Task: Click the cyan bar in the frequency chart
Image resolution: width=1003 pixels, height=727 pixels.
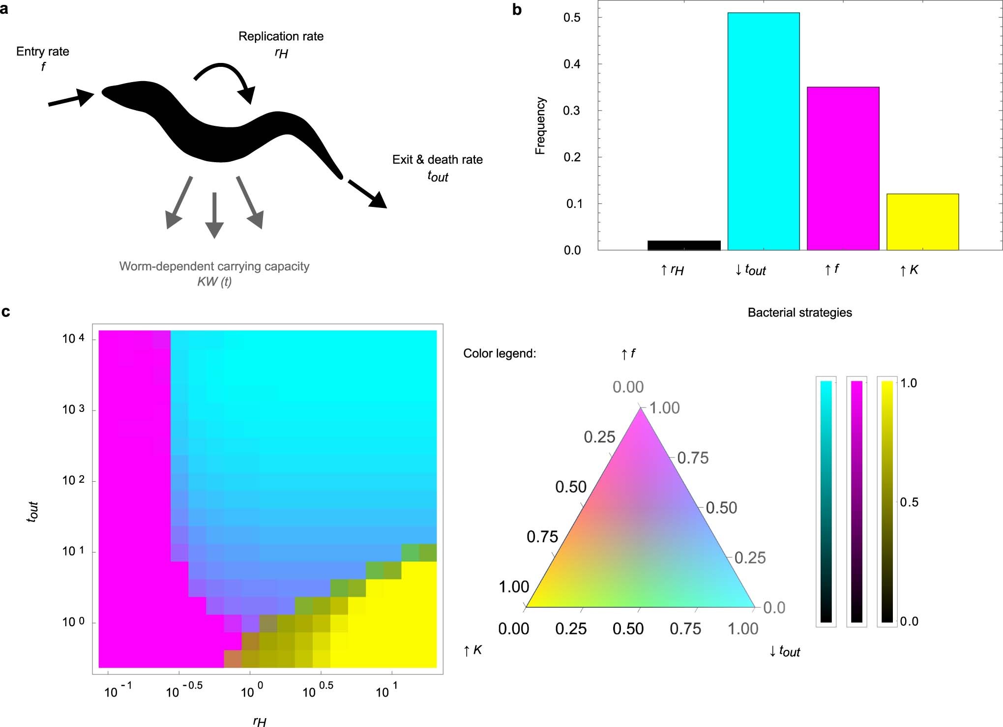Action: [x=763, y=131]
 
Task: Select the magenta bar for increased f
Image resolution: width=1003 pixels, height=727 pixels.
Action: [x=843, y=169]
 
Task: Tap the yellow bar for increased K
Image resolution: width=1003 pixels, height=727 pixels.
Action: [x=922, y=222]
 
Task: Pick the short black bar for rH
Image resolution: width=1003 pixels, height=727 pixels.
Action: [x=684, y=245]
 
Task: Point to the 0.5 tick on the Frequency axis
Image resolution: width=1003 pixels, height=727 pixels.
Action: [x=572, y=18]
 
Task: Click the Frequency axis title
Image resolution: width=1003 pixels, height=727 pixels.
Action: [x=540, y=126]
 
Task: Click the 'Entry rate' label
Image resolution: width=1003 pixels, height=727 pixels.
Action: [x=43, y=52]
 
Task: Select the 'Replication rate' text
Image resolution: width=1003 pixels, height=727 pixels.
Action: [x=281, y=36]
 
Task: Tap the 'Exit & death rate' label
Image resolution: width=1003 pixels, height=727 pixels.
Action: [x=437, y=160]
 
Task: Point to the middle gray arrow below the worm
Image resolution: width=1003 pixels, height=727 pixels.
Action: [x=214, y=215]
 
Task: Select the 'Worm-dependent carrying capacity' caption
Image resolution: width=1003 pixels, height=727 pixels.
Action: [x=214, y=266]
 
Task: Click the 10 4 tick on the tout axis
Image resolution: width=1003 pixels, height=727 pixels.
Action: [x=73, y=339]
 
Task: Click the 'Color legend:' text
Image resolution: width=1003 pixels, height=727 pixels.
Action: [x=499, y=354]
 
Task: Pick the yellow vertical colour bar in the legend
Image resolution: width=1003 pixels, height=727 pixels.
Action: [x=887, y=501]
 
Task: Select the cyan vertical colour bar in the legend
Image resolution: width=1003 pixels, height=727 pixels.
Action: [x=826, y=501]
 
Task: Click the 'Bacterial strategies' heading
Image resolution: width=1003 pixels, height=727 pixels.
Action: [x=799, y=313]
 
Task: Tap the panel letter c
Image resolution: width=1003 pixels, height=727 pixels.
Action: [x=6, y=312]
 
